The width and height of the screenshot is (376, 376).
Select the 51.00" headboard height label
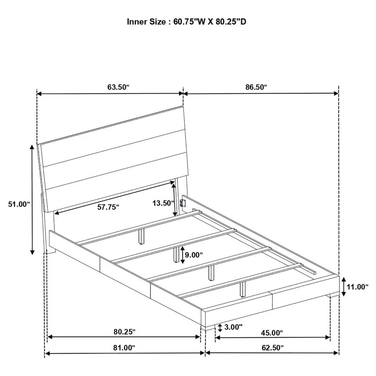pos(19,204)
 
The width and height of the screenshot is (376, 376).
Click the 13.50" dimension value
pos(163,203)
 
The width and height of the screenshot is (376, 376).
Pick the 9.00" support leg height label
pos(194,254)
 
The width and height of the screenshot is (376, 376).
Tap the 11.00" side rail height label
pos(357,287)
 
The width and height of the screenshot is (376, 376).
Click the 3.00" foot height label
pos(233,327)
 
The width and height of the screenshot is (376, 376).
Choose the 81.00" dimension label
pos(124,348)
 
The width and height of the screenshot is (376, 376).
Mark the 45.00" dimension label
pos(272,333)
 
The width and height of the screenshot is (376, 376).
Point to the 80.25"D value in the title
pos(230,21)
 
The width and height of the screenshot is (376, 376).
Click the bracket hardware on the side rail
pos(182,203)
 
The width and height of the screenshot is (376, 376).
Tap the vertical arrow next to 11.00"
pos(343,287)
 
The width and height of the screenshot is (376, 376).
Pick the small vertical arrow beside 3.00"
pos(220,328)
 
